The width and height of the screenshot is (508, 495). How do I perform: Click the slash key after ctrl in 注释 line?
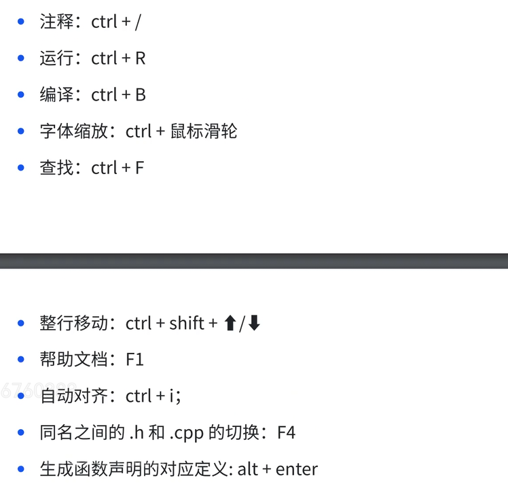(x=138, y=22)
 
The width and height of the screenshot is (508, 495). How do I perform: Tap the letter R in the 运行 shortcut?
(x=140, y=58)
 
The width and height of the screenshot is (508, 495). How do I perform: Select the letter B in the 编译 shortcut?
(x=140, y=95)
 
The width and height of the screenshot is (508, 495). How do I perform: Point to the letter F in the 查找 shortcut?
(x=139, y=168)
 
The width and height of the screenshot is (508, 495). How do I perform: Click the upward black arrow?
(x=230, y=323)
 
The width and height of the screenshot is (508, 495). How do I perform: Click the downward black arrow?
(x=254, y=323)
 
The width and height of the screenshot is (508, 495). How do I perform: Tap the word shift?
(x=187, y=323)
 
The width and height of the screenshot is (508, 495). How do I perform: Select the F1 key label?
(x=135, y=360)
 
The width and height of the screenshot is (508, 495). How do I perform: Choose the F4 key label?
(x=287, y=432)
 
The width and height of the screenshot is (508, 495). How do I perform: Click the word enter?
(x=297, y=469)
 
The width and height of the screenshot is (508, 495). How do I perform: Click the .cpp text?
(x=187, y=433)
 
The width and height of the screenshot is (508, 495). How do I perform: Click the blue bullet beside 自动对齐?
(x=22, y=396)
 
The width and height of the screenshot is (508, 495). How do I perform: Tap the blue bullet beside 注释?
(x=22, y=22)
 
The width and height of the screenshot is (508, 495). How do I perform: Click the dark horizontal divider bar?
(x=254, y=261)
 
